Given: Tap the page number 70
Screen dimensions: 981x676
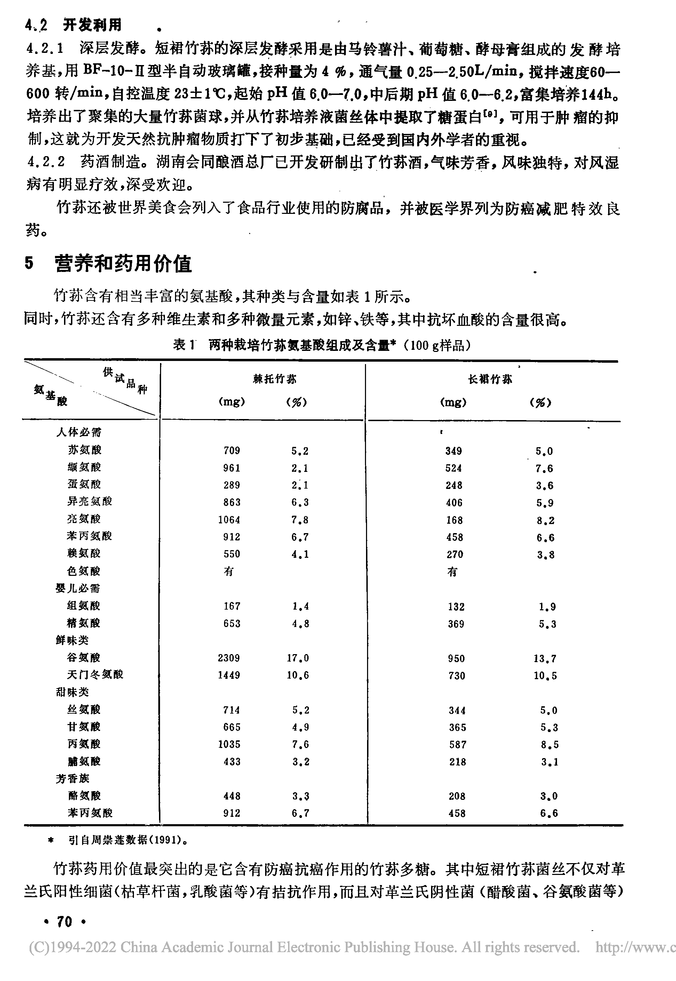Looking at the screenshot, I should point(64,921).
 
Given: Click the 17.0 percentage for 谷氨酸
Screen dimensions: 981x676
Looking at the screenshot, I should point(298,658).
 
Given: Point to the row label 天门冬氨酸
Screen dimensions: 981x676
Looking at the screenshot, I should point(95,675).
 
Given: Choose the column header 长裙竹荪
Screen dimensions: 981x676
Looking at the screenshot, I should point(490,379).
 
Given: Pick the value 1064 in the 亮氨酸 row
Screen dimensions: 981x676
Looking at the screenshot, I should point(229,520).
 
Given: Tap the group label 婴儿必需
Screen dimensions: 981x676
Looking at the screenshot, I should point(78,588).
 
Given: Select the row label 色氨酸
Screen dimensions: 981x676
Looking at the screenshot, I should point(83,571).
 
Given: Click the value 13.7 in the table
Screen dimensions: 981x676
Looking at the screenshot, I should point(545,658).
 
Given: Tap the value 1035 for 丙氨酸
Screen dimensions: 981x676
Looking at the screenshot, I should point(229,744).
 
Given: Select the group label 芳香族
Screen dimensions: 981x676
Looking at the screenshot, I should point(72,778).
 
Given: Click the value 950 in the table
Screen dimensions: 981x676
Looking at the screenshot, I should point(456,658).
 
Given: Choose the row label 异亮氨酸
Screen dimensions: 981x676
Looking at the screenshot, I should point(89,502).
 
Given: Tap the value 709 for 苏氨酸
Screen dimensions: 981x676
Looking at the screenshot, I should point(232,450).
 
